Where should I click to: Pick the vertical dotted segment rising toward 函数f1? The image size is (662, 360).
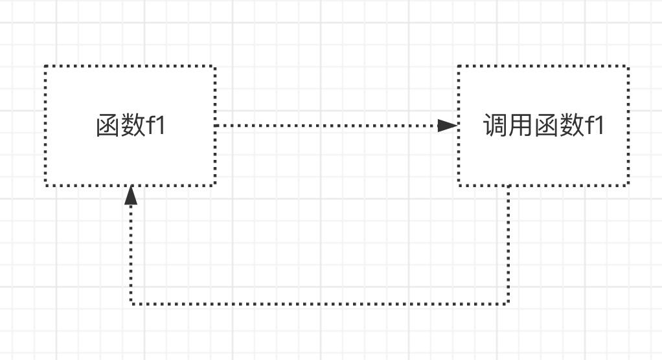pyautogui.click(x=131, y=253)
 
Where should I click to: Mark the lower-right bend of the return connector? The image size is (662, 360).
pyautogui.click(x=508, y=303)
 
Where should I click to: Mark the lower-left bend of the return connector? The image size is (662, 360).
pyautogui.click(x=131, y=303)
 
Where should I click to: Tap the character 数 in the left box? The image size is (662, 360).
pyautogui.click(x=133, y=126)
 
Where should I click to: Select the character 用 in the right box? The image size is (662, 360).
pyautogui.click(x=521, y=126)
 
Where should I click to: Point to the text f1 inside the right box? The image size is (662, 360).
pyautogui.click(x=594, y=126)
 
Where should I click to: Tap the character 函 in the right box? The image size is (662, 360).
pyautogui.click(x=545, y=126)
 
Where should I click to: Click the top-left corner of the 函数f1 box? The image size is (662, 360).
pyautogui.click(x=46, y=66)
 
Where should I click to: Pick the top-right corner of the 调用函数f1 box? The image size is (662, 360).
pyautogui.click(x=628, y=66)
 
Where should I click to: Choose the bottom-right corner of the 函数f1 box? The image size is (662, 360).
pyautogui.click(x=214, y=185)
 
